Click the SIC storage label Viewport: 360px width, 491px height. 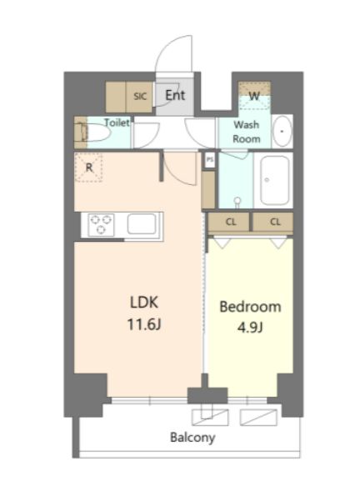click(140, 96)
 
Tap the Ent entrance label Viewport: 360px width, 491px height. click(175, 95)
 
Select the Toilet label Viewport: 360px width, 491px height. click(117, 123)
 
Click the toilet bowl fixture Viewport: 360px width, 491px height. click(94, 133)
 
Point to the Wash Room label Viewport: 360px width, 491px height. click(247, 132)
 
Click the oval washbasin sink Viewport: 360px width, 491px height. click(282, 131)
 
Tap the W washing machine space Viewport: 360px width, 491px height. click(254, 96)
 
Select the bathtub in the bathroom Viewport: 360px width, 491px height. click(275, 180)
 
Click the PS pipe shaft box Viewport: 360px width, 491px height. click(209, 160)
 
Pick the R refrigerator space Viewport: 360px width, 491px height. click(89, 168)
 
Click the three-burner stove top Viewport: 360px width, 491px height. click(101, 224)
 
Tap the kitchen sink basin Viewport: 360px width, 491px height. click(142, 224)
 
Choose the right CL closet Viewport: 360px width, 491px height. click(273, 222)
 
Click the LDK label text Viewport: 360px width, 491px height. click(144, 303)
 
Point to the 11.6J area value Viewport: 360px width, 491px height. click(144, 324)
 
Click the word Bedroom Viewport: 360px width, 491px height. click(251, 307)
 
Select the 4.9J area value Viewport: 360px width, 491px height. click(250, 328)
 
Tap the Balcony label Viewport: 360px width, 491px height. click(192, 438)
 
